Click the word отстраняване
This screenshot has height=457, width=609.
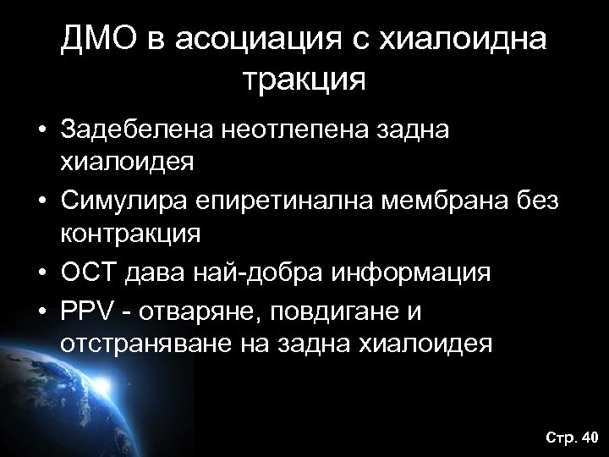[x=139, y=345]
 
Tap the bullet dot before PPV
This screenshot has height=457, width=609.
[x=41, y=313]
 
